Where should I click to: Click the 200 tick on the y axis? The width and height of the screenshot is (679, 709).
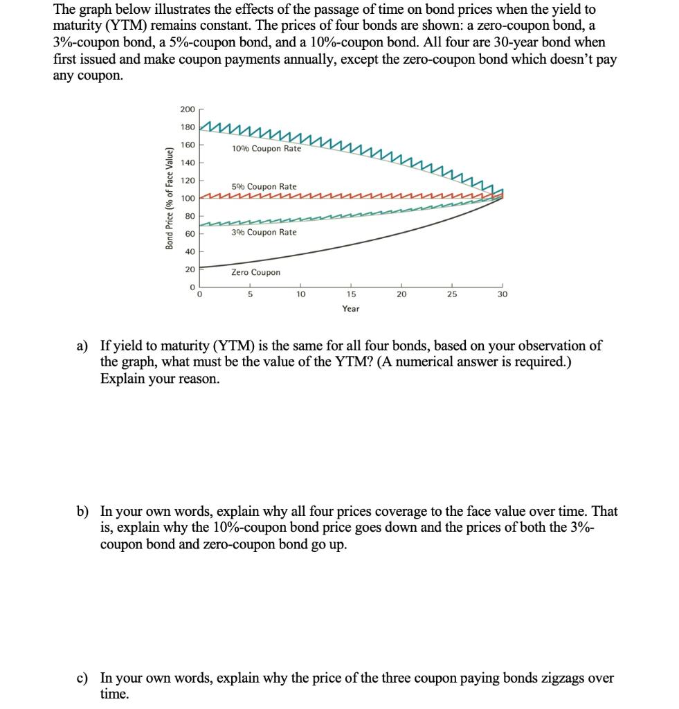(188, 109)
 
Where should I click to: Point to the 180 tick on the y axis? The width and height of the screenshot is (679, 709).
(188, 127)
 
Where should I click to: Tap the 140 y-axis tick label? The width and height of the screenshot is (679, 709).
(188, 163)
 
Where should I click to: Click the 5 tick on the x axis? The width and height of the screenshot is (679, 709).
(250, 294)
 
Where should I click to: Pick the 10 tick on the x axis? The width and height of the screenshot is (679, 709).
(300, 294)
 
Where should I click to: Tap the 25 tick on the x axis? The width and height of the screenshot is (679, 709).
(452, 294)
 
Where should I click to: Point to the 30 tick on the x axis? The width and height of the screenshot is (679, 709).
(503, 294)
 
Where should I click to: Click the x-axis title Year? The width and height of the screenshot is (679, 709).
(351, 308)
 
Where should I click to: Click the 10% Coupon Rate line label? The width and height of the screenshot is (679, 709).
(266, 149)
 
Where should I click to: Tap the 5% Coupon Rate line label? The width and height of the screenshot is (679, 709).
(264, 186)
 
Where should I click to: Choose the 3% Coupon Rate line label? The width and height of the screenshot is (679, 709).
(264, 232)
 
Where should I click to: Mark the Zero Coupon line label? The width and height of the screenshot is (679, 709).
(256, 272)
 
